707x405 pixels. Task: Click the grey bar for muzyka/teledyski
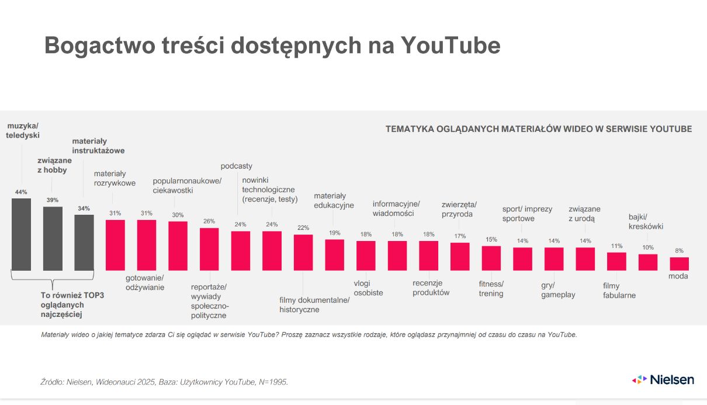[x=21, y=235]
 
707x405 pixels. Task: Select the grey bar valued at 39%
[x=53, y=239]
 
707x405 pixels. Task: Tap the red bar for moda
[x=679, y=264]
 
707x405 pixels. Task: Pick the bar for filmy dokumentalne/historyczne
[x=303, y=253]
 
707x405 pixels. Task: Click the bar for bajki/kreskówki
[x=647, y=262]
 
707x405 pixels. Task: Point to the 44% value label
[x=21, y=192]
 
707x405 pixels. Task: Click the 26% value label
[x=209, y=221]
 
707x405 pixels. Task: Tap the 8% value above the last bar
[x=679, y=250]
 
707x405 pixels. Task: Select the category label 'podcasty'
[x=237, y=166]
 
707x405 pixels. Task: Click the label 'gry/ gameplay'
[x=557, y=290]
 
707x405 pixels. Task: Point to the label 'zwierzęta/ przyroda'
[x=459, y=209]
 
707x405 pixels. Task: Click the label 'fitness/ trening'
[x=491, y=288]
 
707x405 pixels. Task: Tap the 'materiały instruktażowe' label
[x=98, y=145]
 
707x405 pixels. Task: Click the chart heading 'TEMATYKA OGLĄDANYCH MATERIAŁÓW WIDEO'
[x=538, y=129]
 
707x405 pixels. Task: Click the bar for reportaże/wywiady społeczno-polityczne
[x=209, y=249]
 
